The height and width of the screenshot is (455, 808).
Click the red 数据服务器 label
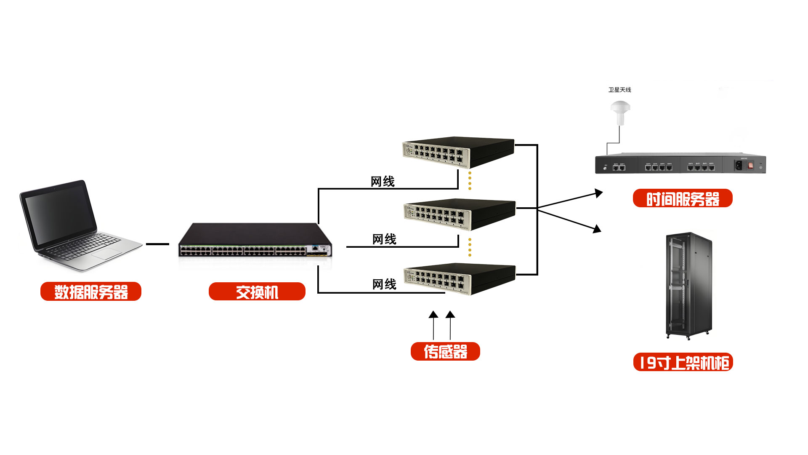91,292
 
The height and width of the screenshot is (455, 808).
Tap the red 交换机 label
257,292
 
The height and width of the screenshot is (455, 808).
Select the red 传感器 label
445,351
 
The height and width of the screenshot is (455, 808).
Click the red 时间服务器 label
683,198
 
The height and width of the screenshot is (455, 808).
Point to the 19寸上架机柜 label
683,362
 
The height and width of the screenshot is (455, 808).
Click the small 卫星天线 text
619,90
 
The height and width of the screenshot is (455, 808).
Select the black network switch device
255,240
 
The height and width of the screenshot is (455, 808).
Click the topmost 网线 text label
383,182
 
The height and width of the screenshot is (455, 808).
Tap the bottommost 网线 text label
384,284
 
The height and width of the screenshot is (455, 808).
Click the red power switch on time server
750,166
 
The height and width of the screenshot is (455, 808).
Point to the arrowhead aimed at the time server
599,193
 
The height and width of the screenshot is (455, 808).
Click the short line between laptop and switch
157,244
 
